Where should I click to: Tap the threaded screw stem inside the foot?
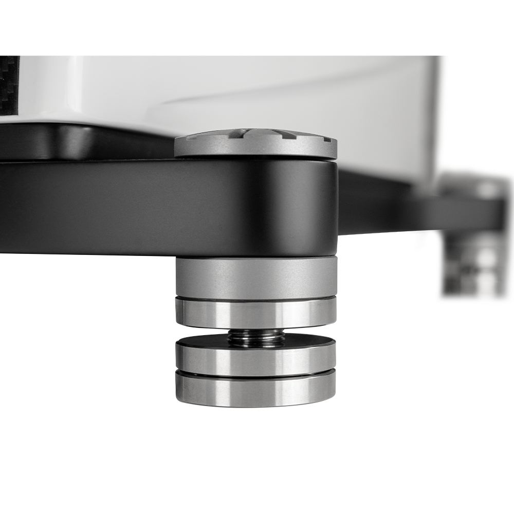(x=255, y=338)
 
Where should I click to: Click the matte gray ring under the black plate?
(x=255, y=278)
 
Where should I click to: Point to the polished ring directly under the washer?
(x=255, y=360)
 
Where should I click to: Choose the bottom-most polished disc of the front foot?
(x=255, y=391)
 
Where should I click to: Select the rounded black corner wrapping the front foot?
(x=308, y=206)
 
